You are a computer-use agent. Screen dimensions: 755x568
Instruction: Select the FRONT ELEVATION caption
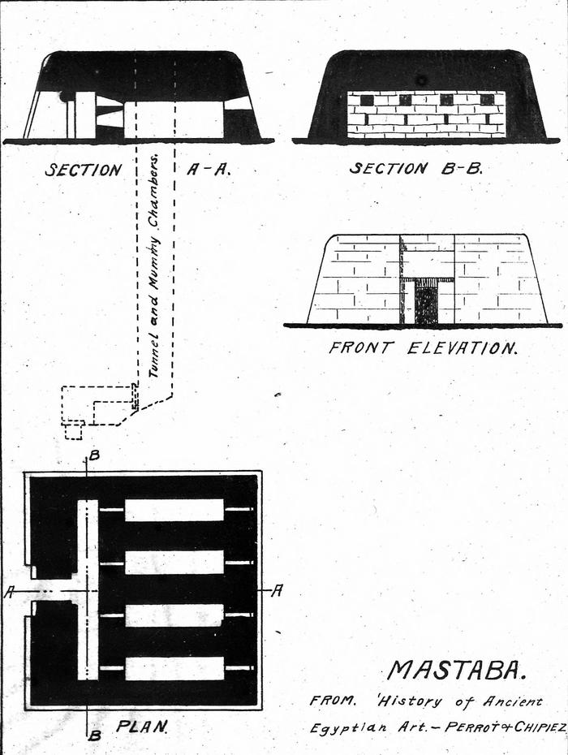tap(422, 347)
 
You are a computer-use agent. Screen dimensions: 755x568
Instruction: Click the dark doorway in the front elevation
tap(426, 304)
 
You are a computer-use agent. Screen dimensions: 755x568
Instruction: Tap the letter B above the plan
tap(94, 455)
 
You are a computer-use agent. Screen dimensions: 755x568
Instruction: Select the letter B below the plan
tap(94, 736)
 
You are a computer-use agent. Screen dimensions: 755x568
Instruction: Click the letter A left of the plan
tap(9, 593)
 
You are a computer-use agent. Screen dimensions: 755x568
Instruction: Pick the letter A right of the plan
tap(276, 591)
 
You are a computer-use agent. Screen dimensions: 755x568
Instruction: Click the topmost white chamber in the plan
tap(174, 510)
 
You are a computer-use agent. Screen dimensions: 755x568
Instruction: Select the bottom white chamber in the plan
tap(174, 667)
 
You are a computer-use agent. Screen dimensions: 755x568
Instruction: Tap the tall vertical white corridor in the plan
tap(87, 589)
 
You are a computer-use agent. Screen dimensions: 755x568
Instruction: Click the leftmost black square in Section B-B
tap(366, 100)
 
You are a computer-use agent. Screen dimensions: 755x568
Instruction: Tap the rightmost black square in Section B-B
tap(487, 100)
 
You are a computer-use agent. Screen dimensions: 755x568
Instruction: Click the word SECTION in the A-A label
tap(83, 170)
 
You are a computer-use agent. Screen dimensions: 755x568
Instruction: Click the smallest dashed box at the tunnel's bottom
tap(74, 430)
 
